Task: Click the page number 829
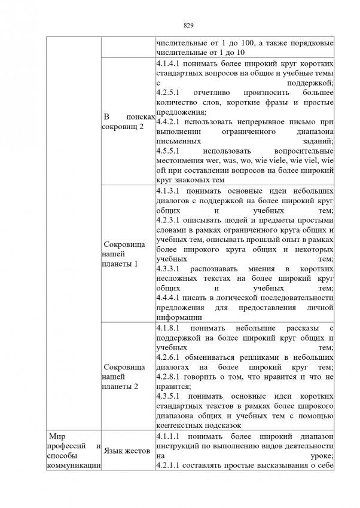point(187,25)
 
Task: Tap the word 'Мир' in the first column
point(56,437)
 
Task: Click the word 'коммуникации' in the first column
point(72,466)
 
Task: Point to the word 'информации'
point(177,317)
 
